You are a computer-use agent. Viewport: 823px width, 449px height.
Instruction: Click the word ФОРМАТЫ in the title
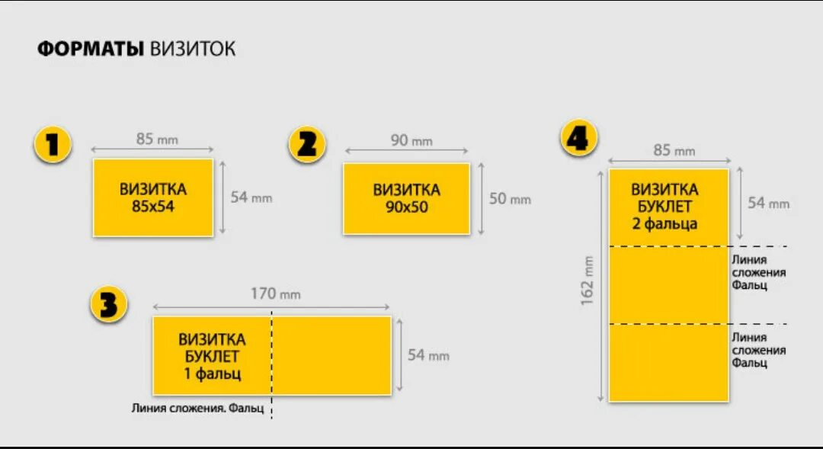click(x=91, y=50)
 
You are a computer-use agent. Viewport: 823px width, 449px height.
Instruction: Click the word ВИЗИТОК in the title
click(x=193, y=50)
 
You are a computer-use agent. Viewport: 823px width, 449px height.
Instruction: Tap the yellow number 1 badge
click(x=53, y=144)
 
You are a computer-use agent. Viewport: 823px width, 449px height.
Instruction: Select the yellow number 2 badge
click(x=307, y=144)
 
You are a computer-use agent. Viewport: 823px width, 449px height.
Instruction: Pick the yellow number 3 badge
click(x=108, y=305)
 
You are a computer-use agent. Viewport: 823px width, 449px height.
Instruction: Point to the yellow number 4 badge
click(x=579, y=139)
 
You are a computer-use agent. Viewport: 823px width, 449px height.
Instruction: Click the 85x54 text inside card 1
click(x=152, y=206)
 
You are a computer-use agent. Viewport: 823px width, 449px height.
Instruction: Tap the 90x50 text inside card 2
click(x=406, y=207)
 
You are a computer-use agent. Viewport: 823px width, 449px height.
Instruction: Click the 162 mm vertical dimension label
click(x=588, y=281)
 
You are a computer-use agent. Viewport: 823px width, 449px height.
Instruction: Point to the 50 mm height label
click(x=510, y=199)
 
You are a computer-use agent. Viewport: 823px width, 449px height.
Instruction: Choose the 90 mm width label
click(x=411, y=140)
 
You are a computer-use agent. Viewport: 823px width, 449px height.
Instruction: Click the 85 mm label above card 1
click(x=157, y=139)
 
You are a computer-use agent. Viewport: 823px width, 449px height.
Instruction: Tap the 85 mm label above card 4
click(x=674, y=150)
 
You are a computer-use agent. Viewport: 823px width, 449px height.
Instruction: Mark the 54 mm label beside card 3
click(x=428, y=355)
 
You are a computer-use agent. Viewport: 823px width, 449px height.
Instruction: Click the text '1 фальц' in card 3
click(x=212, y=374)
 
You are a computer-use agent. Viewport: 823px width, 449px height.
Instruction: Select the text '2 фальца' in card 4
click(x=664, y=223)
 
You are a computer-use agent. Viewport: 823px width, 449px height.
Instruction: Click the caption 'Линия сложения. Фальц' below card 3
click(x=197, y=409)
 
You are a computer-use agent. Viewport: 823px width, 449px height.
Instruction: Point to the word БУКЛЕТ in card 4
click(x=664, y=206)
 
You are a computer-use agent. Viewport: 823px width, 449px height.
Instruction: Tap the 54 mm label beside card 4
click(x=768, y=204)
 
